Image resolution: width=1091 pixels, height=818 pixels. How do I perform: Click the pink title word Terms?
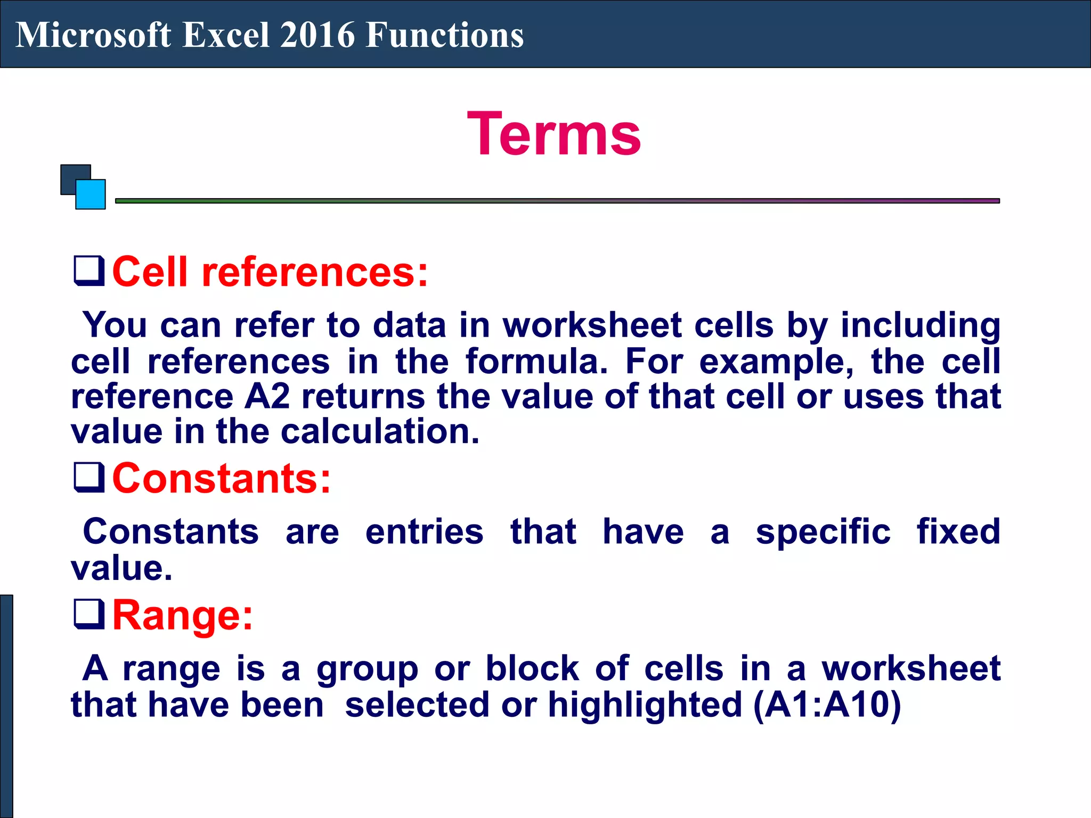coord(554,134)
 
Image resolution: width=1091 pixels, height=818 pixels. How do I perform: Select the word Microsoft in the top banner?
coord(94,35)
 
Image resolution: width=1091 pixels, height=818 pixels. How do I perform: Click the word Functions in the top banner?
coord(445,35)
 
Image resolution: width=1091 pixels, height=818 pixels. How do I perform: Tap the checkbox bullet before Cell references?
coord(88,271)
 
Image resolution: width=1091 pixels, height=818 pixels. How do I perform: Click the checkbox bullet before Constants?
coord(88,477)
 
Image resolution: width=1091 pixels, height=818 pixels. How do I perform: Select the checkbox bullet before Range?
coord(88,614)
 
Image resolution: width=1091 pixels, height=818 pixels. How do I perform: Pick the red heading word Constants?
coord(222,478)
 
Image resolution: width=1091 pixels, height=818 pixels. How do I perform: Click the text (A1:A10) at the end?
coord(827,705)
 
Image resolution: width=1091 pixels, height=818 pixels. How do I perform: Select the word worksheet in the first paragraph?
coord(592,325)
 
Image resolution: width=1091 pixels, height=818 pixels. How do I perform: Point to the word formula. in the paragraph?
coord(536,362)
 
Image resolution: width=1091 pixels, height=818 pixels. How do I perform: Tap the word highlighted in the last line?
coord(645,705)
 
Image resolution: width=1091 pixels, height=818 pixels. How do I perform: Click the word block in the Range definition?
coord(532,668)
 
